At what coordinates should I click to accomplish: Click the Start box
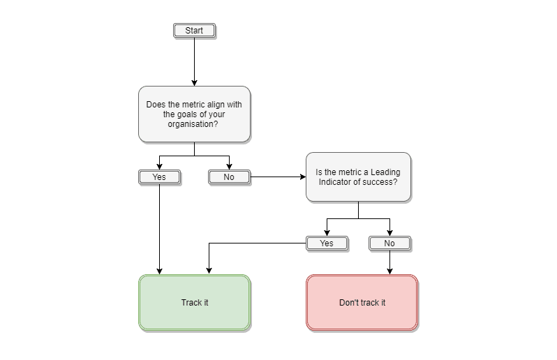pos(194,31)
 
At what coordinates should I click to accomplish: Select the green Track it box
pos(194,303)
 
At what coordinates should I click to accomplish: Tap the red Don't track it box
pos(362,303)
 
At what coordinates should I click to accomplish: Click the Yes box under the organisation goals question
pos(159,177)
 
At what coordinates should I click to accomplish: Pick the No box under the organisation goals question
pos(229,177)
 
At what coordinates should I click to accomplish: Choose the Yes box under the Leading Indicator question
pos(327,243)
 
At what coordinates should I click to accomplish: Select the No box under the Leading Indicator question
pos(389,243)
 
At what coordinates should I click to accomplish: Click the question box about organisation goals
pos(194,114)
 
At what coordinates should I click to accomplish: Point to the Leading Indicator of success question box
pos(358,177)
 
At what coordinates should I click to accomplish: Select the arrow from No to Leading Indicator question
pos(278,177)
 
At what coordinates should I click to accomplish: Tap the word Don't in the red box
pos(349,303)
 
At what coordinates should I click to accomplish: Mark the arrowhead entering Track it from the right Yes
pos(208,271)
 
